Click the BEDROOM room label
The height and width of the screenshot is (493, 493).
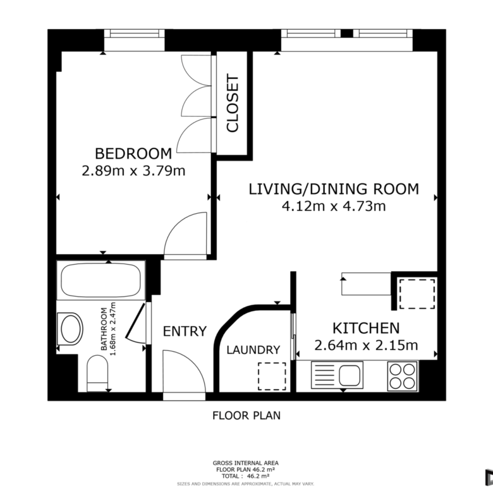tap(133, 154)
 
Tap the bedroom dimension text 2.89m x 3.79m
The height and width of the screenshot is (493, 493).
tap(133, 171)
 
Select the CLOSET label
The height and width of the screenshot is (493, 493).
tap(233, 103)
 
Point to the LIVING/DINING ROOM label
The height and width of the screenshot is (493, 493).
tap(334, 189)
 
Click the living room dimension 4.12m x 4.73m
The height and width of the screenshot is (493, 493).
tap(334, 206)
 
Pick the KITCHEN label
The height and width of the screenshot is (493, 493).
tap(366, 328)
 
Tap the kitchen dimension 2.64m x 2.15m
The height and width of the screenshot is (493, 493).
tap(366, 346)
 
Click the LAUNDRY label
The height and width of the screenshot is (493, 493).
tap(253, 350)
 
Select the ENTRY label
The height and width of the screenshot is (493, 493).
tap(185, 331)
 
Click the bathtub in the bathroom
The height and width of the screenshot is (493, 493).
tap(101, 280)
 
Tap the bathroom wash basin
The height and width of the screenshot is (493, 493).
tap(70, 329)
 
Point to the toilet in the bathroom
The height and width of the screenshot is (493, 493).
tap(97, 374)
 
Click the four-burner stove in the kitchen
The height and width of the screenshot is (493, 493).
tap(403, 376)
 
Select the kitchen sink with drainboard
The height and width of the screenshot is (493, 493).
tap(337, 375)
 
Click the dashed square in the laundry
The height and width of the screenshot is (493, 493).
tap(272, 376)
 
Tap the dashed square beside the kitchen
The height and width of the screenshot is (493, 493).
tap(417, 295)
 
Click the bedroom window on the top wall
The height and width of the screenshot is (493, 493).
tap(134, 33)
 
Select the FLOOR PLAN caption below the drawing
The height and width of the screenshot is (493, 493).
tap(246, 416)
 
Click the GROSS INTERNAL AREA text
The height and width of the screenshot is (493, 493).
tap(246, 463)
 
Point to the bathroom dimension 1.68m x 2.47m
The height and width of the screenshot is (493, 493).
tap(108, 329)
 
